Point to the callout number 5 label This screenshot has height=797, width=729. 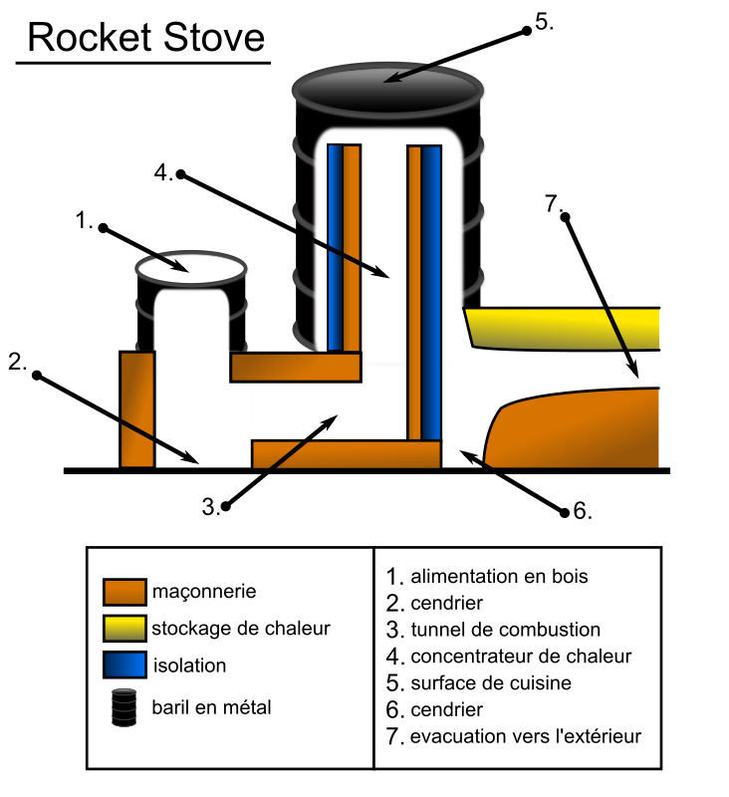coord(543,23)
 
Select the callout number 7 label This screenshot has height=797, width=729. coord(553,202)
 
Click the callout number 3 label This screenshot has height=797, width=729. coord(210,506)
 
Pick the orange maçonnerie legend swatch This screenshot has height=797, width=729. coord(124,592)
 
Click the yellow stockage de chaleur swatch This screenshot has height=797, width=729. coord(124,629)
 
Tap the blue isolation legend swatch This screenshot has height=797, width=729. coord(124,665)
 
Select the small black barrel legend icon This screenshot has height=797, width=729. coord(124,706)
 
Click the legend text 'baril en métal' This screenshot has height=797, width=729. coord(211,707)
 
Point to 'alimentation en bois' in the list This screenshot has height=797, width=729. coord(499,576)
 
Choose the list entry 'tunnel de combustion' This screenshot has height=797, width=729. coord(505,630)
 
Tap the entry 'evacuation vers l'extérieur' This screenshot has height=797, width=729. coord(526,737)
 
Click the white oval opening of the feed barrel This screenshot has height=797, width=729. coord(189,266)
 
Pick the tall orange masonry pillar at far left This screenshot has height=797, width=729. coord(136,408)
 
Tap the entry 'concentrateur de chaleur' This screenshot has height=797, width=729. coord(520,657)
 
